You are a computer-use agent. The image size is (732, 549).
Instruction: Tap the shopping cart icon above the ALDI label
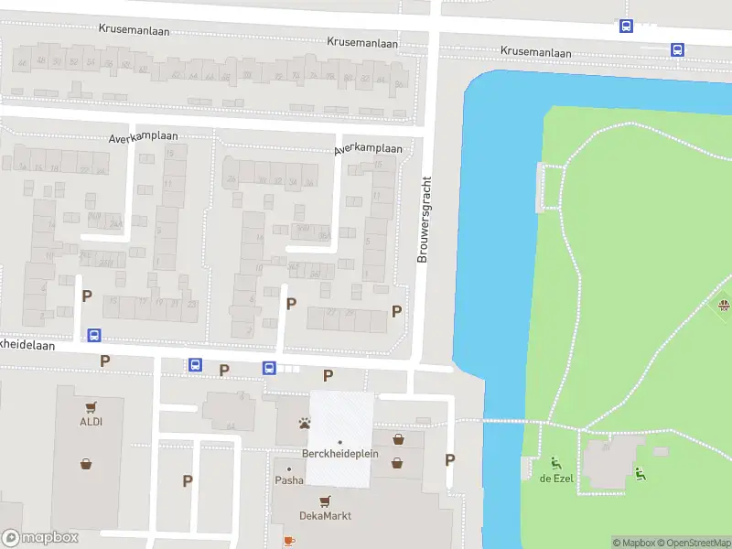(89, 408)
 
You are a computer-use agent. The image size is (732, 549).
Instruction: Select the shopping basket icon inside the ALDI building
(85, 463)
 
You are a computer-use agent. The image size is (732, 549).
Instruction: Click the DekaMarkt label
(325, 516)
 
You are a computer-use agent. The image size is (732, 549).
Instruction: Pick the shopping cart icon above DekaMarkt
(325, 501)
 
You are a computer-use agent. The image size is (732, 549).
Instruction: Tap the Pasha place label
(289, 480)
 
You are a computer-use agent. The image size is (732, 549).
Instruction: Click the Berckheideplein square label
(339, 454)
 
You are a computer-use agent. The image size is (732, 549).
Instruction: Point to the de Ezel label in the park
(555, 479)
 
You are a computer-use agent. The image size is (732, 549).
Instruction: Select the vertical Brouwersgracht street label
(423, 220)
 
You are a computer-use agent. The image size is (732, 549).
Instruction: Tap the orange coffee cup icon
(289, 541)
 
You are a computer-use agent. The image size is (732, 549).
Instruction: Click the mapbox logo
(40, 538)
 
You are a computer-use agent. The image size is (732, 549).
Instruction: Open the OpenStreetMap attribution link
(692, 543)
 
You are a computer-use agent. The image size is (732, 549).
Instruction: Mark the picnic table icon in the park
(724, 305)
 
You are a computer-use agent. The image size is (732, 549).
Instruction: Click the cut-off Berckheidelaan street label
(27, 346)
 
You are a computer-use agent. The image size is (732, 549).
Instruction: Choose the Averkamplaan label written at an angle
(368, 148)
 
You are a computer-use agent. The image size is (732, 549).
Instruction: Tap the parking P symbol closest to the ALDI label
(105, 361)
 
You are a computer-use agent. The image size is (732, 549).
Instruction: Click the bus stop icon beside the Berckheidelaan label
(93, 335)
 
